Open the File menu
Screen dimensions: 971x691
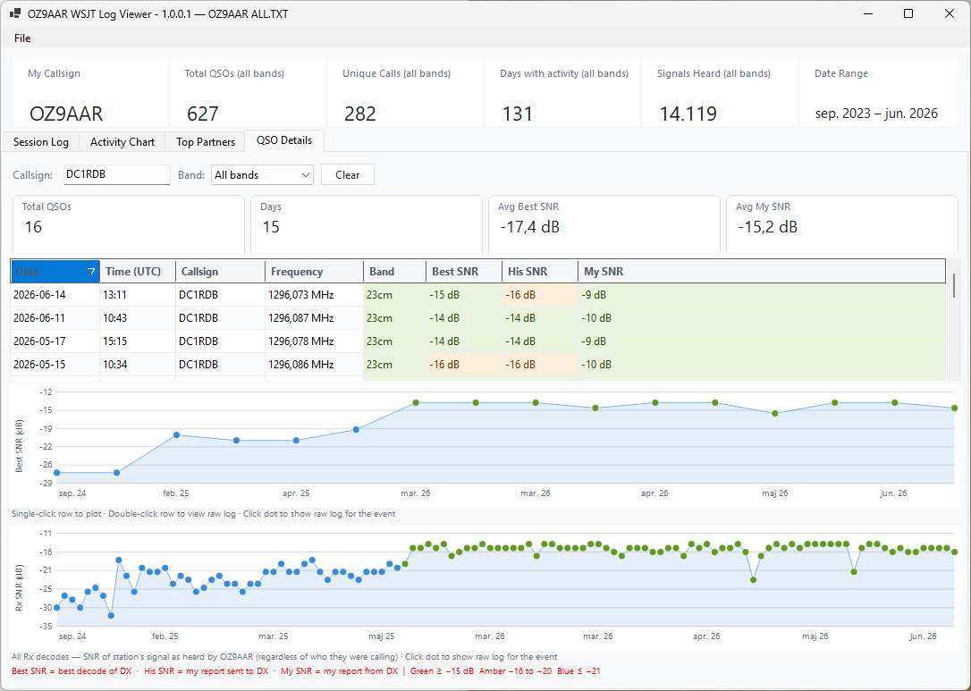click(22, 38)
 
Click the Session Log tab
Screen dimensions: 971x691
click(41, 142)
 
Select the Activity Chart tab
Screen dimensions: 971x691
click(122, 142)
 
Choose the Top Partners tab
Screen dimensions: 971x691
click(206, 142)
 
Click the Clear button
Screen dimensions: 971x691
click(348, 175)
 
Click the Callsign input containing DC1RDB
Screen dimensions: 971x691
click(117, 174)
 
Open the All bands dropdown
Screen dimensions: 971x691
click(262, 175)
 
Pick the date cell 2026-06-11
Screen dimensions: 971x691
click(39, 318)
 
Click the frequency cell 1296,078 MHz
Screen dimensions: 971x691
click(301, 341)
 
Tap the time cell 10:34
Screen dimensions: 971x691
click(115, 365)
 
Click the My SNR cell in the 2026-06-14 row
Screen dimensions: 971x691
click(594, 295)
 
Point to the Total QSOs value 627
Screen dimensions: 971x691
click(202, 114)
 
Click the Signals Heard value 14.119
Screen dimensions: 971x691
click(688, 114)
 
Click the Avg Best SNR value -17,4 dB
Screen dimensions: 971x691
click(530, 227)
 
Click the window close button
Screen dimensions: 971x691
click(950, 13)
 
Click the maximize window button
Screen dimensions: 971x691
click(908, 13)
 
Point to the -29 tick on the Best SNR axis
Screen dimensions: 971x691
click(46, 483)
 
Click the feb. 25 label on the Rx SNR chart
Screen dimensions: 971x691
click(165, 636)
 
